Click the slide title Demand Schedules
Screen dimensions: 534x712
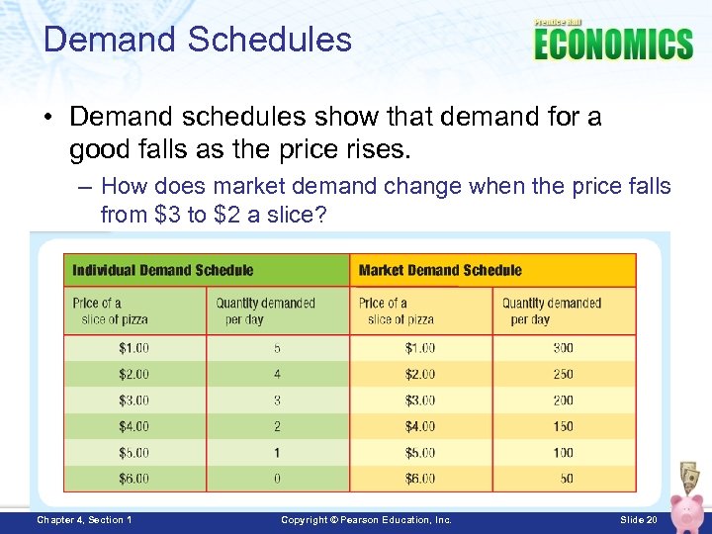pos(198,40)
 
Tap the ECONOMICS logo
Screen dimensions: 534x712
pos(613,44)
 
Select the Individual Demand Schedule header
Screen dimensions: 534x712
pos(163,270)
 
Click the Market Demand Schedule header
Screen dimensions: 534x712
pos(440,270)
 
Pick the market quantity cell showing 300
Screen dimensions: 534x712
pos(563,348)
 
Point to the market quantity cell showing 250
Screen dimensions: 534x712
pos(563,375)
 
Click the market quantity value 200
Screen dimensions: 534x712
pos(563,400)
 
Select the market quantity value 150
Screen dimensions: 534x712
pos(563,426)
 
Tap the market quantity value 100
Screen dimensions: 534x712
pos(563,453)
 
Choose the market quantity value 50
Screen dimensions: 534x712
pos(566,479)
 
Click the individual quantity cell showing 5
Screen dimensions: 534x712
pos(277,348)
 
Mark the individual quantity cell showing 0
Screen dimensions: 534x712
pos(277,479)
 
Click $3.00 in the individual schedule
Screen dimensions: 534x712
pos(133,400)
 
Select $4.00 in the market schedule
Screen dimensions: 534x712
pos(420,426)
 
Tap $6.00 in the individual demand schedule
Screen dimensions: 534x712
pos(133,479)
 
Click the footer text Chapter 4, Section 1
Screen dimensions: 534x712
pos(84,520)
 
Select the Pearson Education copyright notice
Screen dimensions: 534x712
pos(366,520)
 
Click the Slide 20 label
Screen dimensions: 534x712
pos(638,520)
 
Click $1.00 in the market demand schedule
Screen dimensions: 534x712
pos(420,348)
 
